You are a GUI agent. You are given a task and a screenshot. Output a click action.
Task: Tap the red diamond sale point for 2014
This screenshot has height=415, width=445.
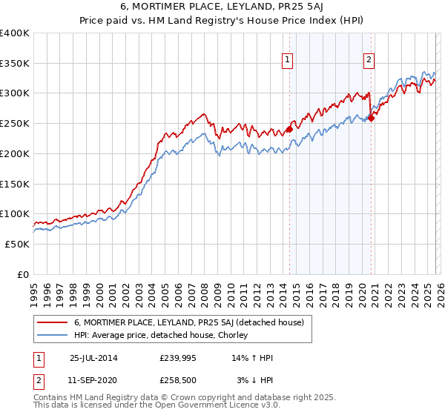tap(289, 130)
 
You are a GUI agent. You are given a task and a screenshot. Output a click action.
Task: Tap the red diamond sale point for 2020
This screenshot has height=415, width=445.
tap(371, 119)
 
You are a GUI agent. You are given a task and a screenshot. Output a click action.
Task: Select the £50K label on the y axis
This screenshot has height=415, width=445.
tap(17, 244)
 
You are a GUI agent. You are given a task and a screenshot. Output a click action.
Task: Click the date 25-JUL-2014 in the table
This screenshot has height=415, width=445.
tap(93, 358)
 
